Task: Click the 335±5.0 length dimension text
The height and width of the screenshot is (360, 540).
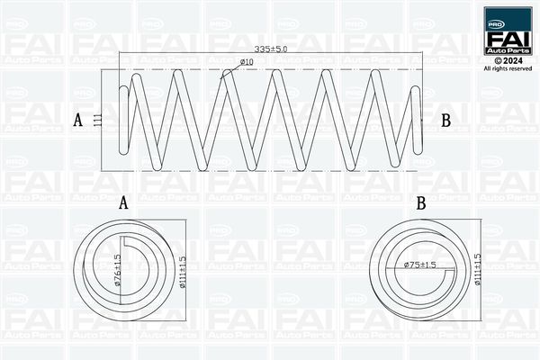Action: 271,49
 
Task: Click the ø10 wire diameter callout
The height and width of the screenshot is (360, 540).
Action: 247,62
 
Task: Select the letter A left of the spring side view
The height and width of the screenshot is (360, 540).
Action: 78,121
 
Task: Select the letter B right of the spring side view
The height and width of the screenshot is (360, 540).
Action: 446,121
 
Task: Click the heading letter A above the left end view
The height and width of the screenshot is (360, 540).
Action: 123,202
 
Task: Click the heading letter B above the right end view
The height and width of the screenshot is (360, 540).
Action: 421,203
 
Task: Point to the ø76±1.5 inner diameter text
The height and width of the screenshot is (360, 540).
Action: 117,270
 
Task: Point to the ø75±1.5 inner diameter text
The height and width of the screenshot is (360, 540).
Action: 419,265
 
